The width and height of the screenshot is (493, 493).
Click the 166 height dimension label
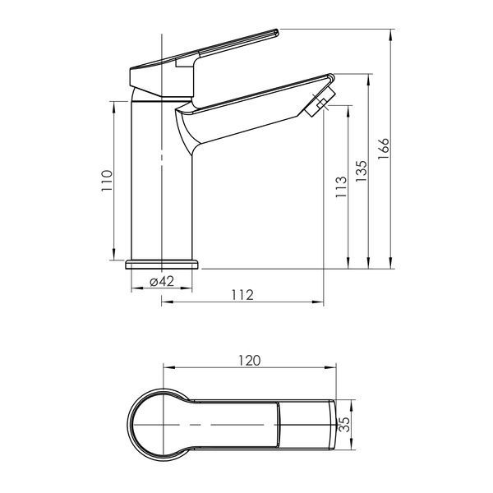384,149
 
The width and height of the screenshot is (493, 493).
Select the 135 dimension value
362,171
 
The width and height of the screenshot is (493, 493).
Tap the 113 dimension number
341,187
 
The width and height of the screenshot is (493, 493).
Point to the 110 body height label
107,181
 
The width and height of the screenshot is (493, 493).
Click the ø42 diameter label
162,281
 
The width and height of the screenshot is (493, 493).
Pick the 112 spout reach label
242,295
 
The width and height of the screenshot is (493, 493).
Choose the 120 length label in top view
249,361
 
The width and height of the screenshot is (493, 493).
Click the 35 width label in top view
345,425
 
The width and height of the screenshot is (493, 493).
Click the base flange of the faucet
162,265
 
